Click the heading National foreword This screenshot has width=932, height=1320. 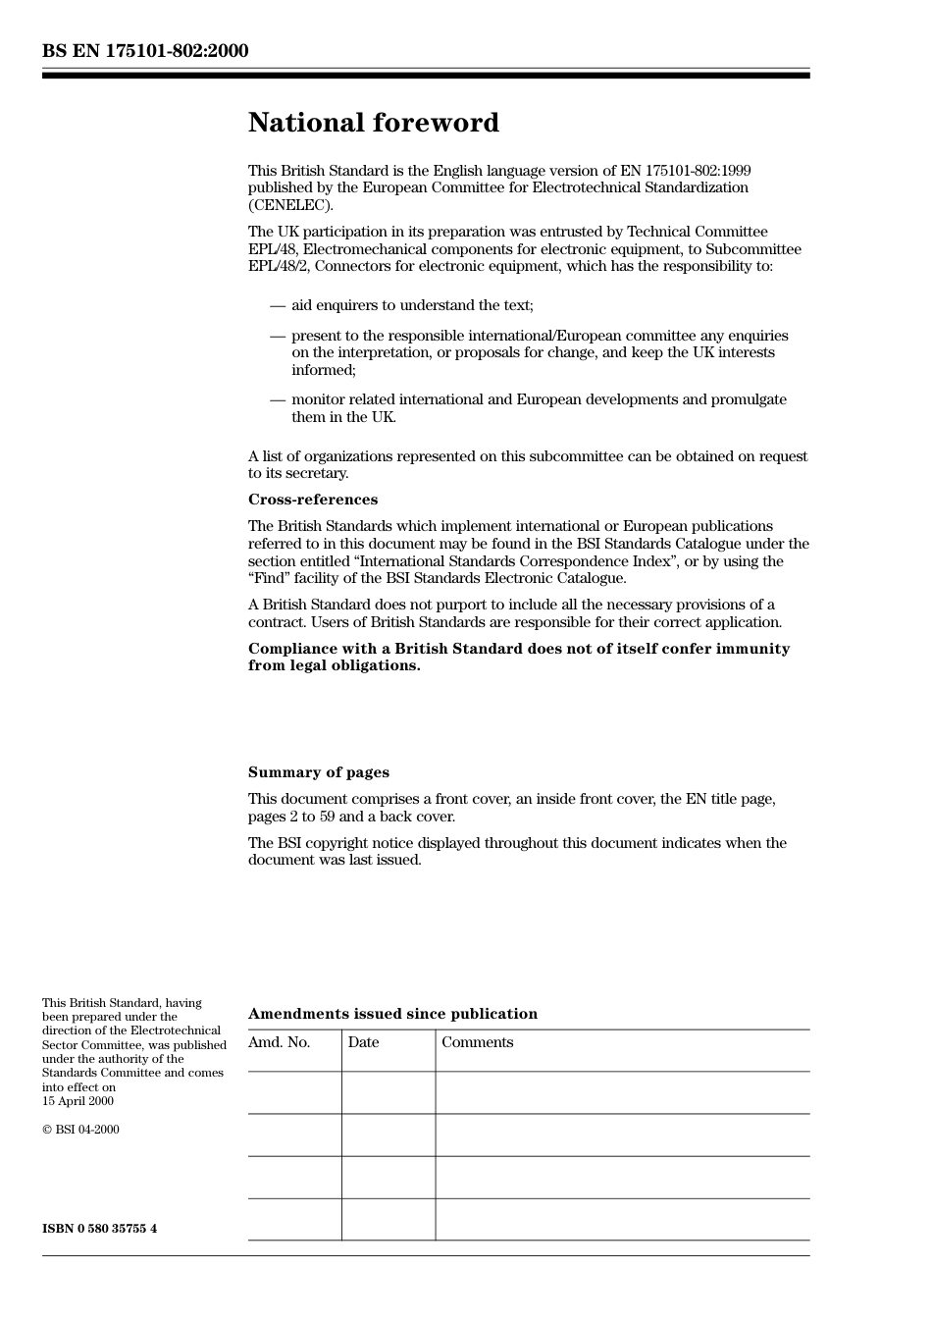click(x=373, y=123)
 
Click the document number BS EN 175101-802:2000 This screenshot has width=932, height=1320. click(x=145, y=51)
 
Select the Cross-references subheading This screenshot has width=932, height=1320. click(x=312, y=500)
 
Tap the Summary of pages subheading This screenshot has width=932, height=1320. click(x=318, y=772)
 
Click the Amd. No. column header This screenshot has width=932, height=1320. click(x=279, y=1042)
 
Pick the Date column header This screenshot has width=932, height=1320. click(x=363, y=1042)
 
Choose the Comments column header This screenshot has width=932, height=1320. click(x=477, y=1042)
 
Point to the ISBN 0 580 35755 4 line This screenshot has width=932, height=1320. click(x=99, y=1229)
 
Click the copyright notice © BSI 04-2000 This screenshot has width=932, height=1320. click(x=80, y=1130)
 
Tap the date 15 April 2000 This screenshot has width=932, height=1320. click(x=78, y=1101)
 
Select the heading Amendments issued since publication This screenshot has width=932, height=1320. click(x=392, y=1014)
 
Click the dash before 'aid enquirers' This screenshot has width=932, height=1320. click(x=278, y=306)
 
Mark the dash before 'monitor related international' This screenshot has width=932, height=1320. click(x=278, y=400)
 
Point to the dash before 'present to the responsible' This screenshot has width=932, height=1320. click(x=278, y=337)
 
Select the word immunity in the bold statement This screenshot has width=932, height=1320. click(x=753, y=649)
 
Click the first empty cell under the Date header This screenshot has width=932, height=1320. click(x=388, y=1092)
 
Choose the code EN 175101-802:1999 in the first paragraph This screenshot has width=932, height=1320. click(x=686, y=171)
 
